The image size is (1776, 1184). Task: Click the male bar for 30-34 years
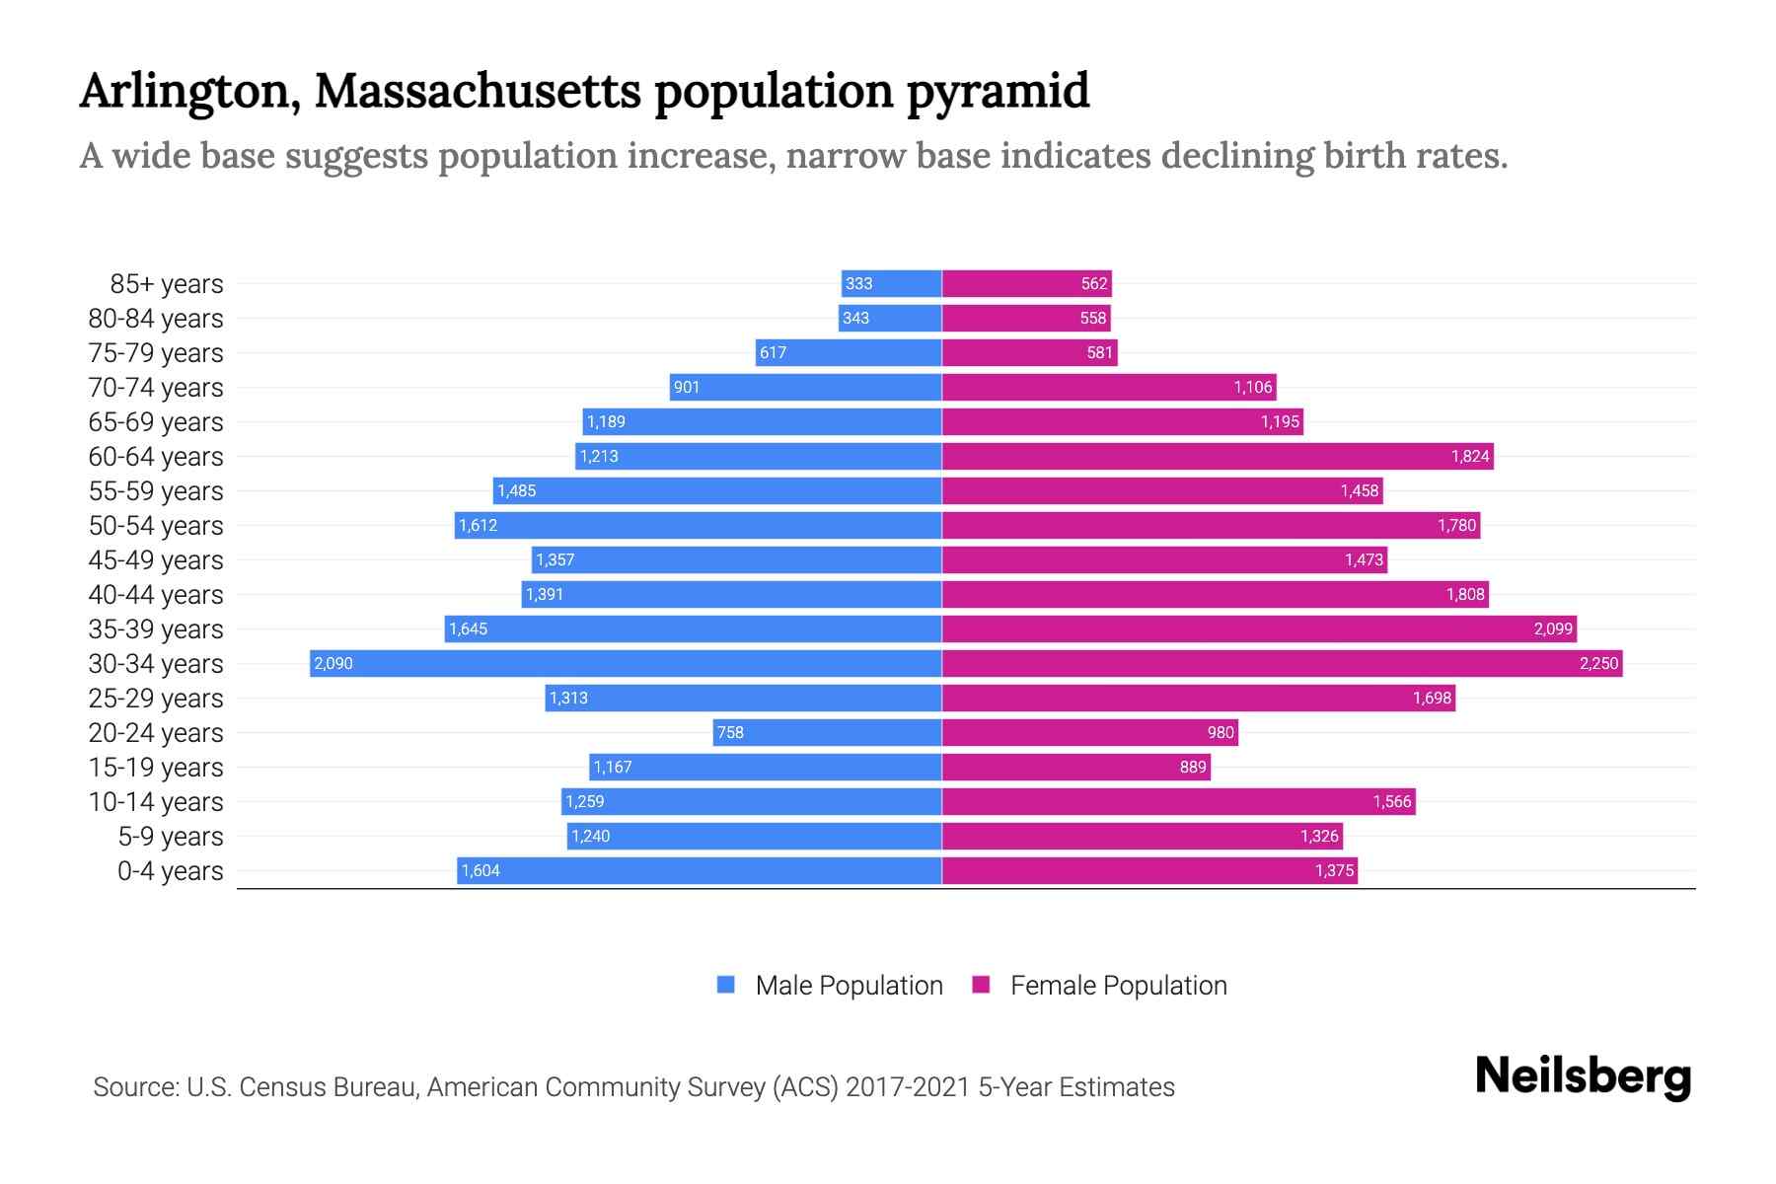(626, 663)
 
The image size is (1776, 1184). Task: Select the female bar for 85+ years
(1026, 283)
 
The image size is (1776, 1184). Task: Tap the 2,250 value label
(1598, 663)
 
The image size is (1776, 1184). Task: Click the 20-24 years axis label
(156, 732)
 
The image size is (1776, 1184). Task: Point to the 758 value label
(730, 732)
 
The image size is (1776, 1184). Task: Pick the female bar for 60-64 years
(1218, 456)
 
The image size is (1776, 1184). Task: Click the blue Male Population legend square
(726, 985)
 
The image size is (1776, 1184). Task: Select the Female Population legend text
(1118, 985)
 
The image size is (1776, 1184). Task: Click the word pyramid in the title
(998, 91)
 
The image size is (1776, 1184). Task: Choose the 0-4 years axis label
(170, 870)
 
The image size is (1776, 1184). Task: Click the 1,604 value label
(481, 870)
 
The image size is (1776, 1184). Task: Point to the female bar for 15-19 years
(1075, 767)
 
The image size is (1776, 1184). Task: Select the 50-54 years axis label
(156, 525)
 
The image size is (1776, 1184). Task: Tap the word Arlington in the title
(187, 91)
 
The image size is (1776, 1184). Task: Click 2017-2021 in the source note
(908, 1086)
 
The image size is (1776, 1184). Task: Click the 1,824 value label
(1469, 456)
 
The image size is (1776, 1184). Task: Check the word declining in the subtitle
(1236, 156)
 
